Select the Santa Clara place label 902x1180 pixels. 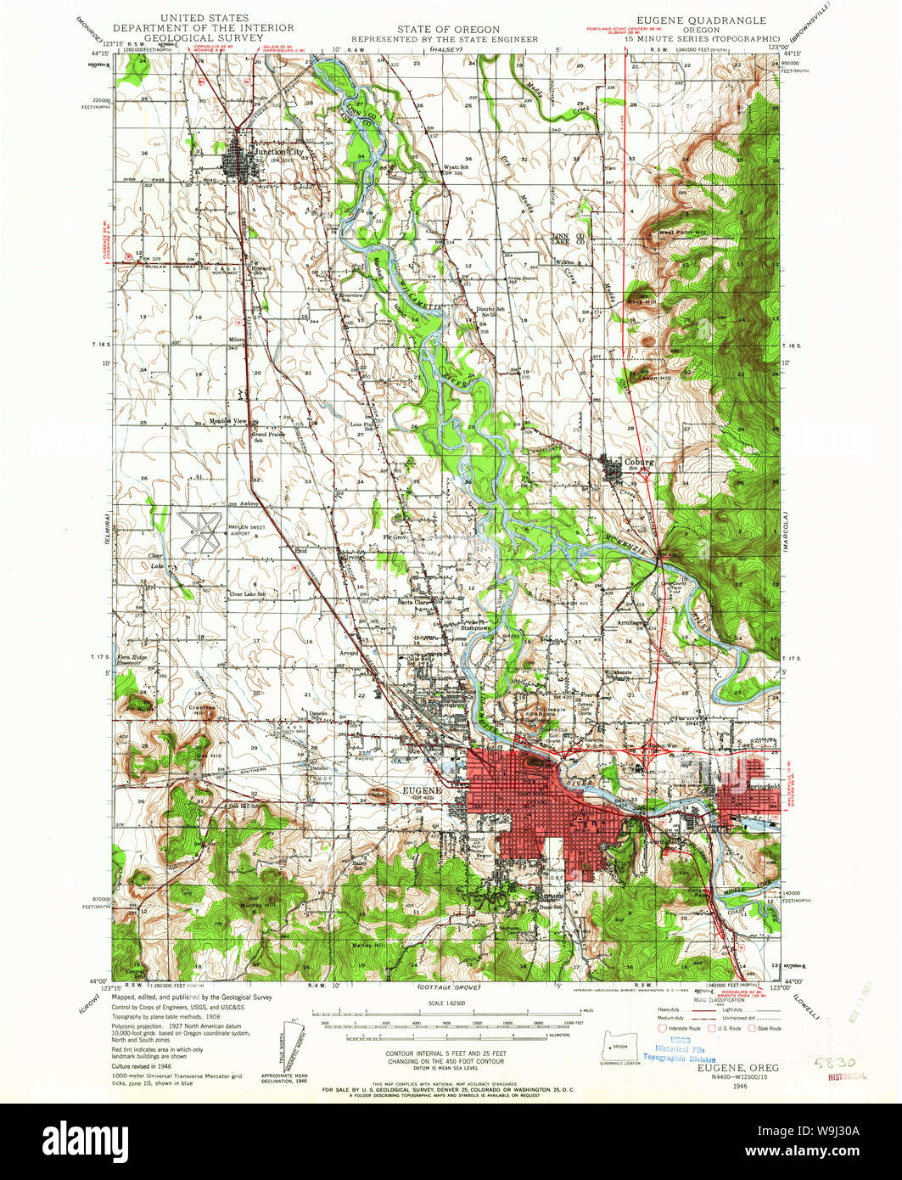[x=416, y=602]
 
